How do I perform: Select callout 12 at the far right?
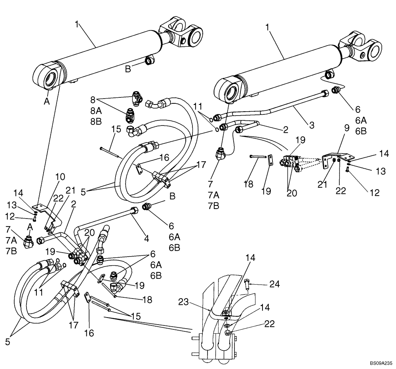pos(374,193)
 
